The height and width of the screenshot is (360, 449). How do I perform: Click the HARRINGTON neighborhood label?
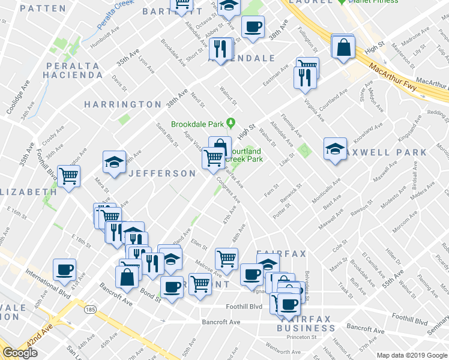(122, 104)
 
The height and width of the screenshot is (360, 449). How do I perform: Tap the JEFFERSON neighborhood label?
(162, 173)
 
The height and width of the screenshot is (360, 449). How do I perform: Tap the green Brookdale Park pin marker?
(230, 124)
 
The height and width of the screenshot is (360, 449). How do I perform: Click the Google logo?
(20, 353)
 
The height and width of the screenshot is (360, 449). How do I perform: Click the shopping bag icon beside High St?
(343, 47)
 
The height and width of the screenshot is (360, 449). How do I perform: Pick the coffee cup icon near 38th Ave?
(253, 27)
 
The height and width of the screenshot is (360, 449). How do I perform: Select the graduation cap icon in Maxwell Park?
(335, 149)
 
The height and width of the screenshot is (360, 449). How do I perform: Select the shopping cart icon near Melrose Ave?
(227, 259)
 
